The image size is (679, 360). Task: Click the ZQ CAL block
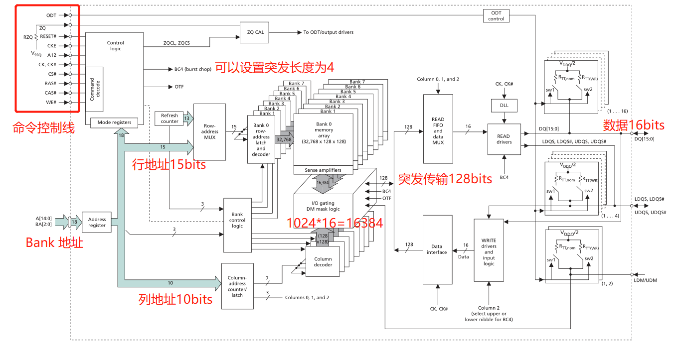coord(255,32)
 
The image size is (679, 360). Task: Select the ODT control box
coord(496,15)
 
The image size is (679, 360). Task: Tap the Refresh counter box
coord(170,118)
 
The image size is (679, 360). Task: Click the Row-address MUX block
coord(209,132)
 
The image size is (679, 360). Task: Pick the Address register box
coord(97,222)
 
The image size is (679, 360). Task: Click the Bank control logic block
coord(237,220)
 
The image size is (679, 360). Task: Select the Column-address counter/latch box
coord(237,286)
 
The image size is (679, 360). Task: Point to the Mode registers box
coord(114,122)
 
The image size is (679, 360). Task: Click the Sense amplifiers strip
coord(323,170)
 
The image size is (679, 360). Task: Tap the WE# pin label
coord(51,102)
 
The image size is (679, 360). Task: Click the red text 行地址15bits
coord(169,164)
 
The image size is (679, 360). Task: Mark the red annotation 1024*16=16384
coord(335,224)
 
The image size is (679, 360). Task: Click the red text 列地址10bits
coord(175,299)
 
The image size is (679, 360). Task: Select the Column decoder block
coord(323,261)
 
